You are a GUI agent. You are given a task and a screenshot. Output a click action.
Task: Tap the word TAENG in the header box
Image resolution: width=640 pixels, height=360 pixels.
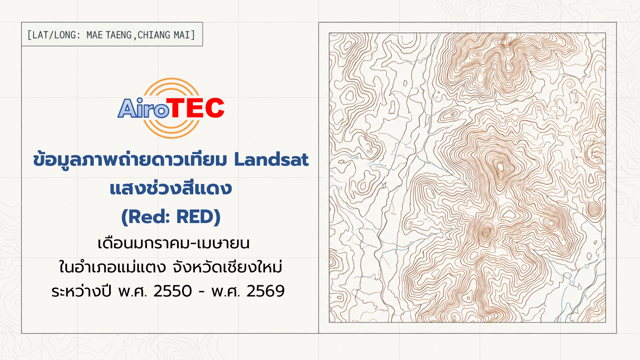click(119, 35)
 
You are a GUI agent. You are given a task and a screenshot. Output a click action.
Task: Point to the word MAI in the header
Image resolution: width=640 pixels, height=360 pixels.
click(181, 35)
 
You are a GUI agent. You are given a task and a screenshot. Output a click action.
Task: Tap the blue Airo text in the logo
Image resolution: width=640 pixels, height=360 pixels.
click(144, 108)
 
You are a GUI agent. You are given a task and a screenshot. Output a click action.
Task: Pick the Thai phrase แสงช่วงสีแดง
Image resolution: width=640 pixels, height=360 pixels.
click(171, 188)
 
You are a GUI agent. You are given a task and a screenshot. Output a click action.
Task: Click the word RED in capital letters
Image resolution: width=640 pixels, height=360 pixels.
click(194, 217)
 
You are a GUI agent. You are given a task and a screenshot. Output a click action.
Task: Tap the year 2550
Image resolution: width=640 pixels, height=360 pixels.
click(173, 291)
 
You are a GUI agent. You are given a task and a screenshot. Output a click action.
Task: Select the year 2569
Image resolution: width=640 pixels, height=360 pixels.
click(265, 291)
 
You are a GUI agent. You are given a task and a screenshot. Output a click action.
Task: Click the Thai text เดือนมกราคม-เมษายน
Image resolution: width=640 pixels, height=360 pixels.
click(173, 244)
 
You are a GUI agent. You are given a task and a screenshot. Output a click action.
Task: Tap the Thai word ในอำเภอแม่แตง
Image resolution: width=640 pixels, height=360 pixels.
click(112, 267)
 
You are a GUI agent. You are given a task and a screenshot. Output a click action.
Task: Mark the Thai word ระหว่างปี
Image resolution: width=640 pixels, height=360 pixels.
click(82, 291)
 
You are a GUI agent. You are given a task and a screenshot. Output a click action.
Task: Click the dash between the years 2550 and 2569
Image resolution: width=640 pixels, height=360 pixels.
click(202, 292)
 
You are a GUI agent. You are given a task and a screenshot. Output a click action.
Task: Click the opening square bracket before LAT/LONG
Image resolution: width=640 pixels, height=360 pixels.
click(29, 35)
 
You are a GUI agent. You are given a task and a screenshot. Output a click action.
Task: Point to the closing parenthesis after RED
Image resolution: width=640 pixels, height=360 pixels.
click(217, 217)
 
